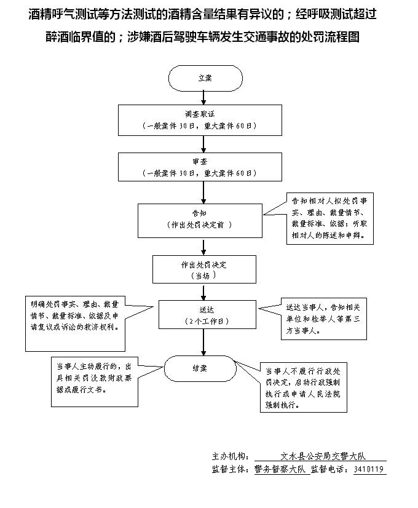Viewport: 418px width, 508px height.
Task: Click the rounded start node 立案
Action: pos(204,78)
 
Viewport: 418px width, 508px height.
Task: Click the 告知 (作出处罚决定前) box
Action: pos(200,220)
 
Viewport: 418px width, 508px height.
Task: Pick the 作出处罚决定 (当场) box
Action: pos(204,269)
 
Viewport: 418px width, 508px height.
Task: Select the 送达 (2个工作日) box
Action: pos(207,314)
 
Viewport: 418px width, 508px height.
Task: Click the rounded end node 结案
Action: pos(200,368)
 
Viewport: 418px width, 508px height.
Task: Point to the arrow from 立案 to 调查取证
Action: pos(204,97)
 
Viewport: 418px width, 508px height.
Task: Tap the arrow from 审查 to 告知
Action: pos(204,192)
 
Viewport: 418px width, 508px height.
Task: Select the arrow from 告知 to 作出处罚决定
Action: pos(204,247)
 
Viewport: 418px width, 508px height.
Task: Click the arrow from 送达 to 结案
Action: pos(204,342)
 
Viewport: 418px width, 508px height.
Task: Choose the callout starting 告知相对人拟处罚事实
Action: pos(330,218)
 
